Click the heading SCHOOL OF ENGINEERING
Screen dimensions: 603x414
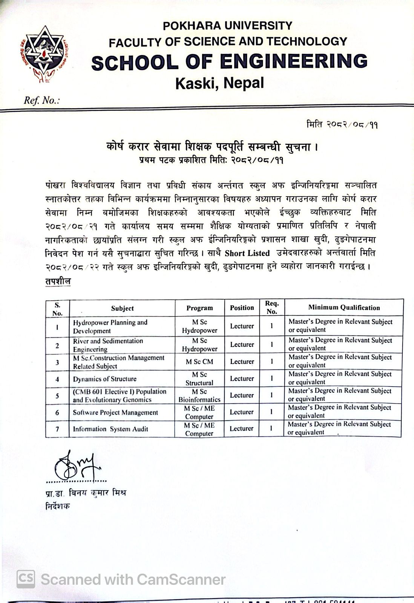(229, 61)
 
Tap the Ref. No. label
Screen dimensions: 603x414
(41, 101)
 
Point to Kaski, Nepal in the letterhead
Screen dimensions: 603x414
(219, 83)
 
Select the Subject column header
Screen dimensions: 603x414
(122, 308)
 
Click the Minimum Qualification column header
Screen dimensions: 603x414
(344, 308)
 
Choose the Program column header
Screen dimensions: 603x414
(199, 308)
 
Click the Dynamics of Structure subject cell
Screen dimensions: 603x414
(105, 379)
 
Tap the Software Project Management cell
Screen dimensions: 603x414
(115, 412)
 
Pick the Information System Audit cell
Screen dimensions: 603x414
(110, 429)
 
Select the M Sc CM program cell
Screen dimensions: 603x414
(199, 361)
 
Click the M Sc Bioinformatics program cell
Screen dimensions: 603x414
(199, 395)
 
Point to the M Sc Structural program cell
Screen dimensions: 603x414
(199, 378)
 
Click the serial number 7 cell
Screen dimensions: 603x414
(57, 429)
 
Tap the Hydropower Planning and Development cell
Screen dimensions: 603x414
(110, 326)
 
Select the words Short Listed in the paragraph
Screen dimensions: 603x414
(247, 253)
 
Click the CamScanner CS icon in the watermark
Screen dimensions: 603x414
(26, 579)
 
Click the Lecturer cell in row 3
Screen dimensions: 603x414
(242, 361)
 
